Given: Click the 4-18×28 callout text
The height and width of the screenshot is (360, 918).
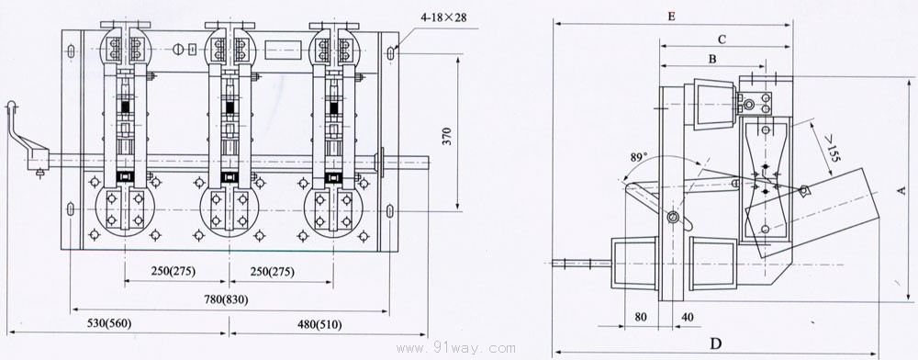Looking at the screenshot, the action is (443, 17).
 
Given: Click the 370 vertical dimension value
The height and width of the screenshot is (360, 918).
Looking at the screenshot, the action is (448, 135).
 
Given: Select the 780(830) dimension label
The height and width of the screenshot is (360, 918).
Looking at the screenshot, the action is (227, 299).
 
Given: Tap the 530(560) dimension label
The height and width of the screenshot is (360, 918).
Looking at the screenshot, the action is (109, 323).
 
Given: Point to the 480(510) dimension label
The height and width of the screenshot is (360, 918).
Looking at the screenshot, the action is (319, 323).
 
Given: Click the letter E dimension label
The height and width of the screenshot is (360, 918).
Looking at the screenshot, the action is (672, 17).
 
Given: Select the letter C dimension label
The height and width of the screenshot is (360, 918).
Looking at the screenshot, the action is (722, 39).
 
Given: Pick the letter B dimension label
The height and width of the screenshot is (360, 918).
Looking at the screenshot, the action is (712, 59).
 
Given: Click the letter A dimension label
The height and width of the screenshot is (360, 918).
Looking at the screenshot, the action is (901, 190).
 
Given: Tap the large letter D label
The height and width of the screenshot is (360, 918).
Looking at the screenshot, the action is (715, 343).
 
